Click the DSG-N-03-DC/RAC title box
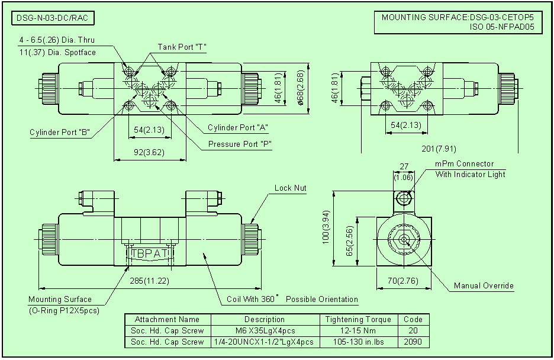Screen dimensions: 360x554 click(53, 18)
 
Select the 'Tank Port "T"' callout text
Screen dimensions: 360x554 click(182, 47)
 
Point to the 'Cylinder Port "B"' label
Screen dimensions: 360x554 click(59, 132)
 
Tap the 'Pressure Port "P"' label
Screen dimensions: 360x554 click(240, 144)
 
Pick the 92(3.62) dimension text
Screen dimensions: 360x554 click(149, 152)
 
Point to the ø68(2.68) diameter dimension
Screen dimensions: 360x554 click(300, 88)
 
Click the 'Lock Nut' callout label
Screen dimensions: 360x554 click(290, 188)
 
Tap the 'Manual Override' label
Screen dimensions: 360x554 click(484, 286)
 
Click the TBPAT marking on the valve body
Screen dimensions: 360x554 click(150, 253)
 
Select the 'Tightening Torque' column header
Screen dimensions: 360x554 click(358, 320)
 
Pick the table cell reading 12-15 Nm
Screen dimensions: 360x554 click(358, 331)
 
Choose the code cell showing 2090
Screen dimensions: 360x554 click(413, 342)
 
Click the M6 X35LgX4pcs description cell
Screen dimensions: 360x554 click(265, 331)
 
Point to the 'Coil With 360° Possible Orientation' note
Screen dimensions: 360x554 click(292, 300)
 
